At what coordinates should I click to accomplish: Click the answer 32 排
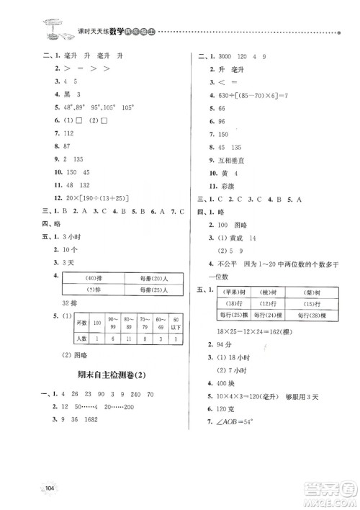(69, 303)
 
